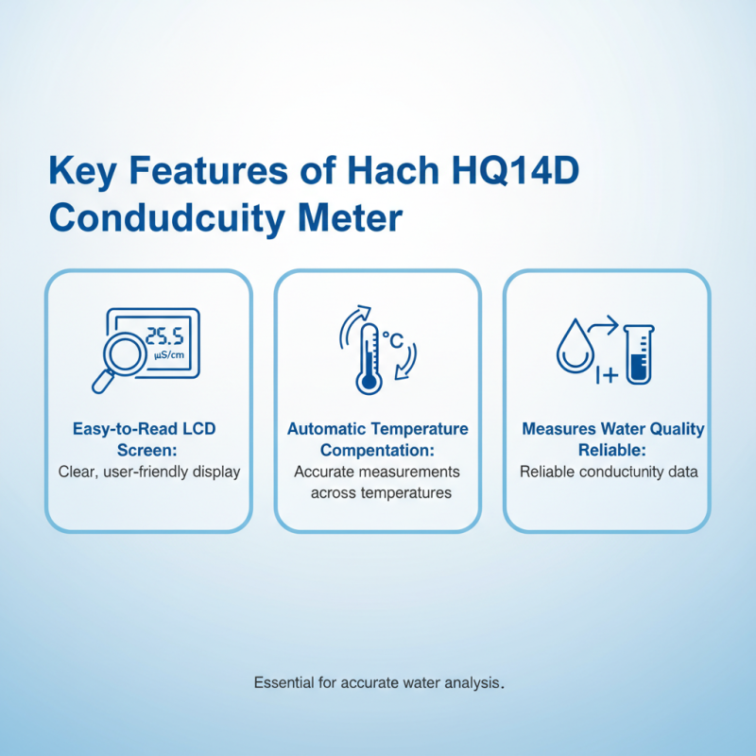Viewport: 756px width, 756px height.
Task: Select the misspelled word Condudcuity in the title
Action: coord(166,218)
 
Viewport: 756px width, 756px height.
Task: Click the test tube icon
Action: coord(639,353)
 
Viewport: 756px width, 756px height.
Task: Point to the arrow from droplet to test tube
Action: coord(604,326)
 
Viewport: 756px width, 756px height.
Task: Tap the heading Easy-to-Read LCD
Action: coord(144,429)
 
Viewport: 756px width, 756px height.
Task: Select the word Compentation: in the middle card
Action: coord(377,450)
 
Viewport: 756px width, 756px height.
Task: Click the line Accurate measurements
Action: coord(377,472)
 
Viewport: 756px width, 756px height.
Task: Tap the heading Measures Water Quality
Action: coord(613,429)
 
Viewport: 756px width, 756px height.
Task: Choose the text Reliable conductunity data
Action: coord(609,472)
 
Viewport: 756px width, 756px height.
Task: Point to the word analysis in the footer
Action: coord(470,681)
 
